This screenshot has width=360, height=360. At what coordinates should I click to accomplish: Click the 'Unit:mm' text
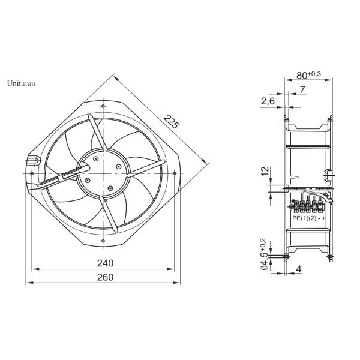coord(22,83)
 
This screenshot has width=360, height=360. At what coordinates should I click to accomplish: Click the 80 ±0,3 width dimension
coord(308,75)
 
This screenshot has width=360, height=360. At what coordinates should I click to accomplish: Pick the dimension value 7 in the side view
coord(302,90)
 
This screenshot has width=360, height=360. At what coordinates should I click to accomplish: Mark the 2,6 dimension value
coord(268,101)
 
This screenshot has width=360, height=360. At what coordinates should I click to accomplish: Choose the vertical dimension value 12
coord(265,172)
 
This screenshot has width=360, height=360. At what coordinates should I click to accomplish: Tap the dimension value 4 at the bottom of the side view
coord(299,269)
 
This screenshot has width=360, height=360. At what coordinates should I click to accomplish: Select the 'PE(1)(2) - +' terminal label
coord(308,218)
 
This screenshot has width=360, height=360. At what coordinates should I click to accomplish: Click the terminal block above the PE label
coord(308,207)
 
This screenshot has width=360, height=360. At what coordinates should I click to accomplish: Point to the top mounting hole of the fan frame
coord(103,106)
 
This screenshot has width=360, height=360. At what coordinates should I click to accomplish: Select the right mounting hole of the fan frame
coord(174,173)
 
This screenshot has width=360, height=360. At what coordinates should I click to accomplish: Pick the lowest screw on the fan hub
coord(110,188)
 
